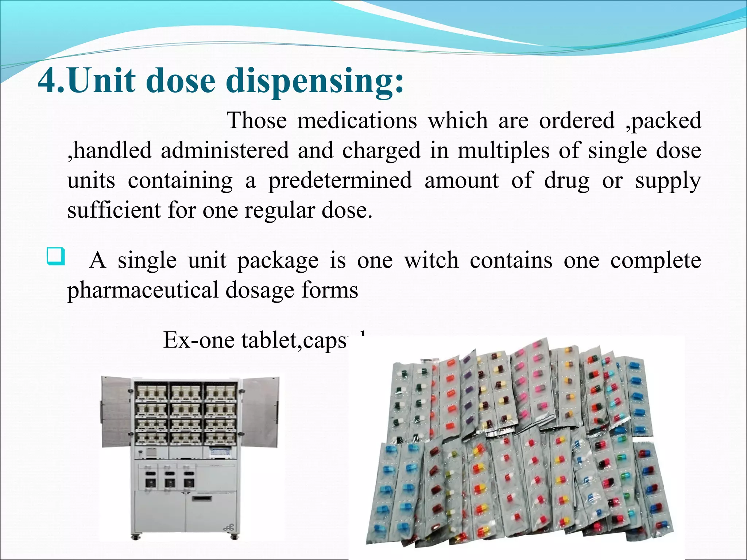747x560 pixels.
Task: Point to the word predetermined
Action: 340,180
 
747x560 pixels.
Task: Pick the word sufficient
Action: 114,210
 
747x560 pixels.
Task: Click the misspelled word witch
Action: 431,260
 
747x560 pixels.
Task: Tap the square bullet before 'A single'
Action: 56,256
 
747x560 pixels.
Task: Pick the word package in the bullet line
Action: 278,261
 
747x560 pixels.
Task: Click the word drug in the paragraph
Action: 566,181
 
